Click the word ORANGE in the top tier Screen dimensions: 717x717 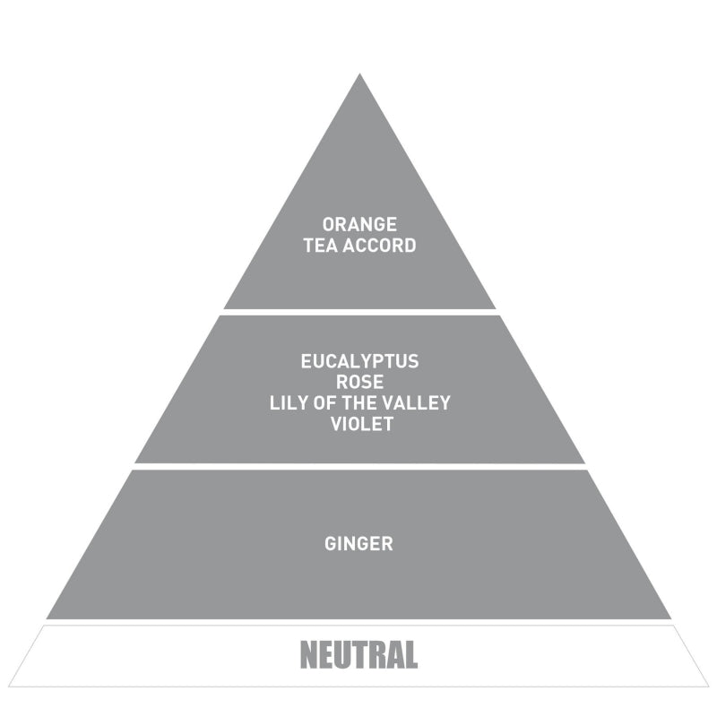pos(359,225)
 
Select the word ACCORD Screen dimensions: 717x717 pos(379,246)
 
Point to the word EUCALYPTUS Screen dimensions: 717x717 pos(359,362)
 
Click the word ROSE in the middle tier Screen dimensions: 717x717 pos(359,383)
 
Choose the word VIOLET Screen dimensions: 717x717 pos(362,424)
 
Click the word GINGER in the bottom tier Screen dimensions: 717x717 pos(358,544)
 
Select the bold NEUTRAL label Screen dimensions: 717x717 pos(359,655)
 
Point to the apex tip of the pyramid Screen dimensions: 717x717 pos(359,73)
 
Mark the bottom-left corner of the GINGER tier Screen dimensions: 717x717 pos(47,618)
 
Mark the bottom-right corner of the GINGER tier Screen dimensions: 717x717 pos(671,618)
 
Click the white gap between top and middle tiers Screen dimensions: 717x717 pos(359,312)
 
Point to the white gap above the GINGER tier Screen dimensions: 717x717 pos(359,466)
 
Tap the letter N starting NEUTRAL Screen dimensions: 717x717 pos(308,655)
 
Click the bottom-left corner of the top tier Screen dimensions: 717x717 pos(223,308)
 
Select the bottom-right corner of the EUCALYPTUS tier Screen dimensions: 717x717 pos(585,462)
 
